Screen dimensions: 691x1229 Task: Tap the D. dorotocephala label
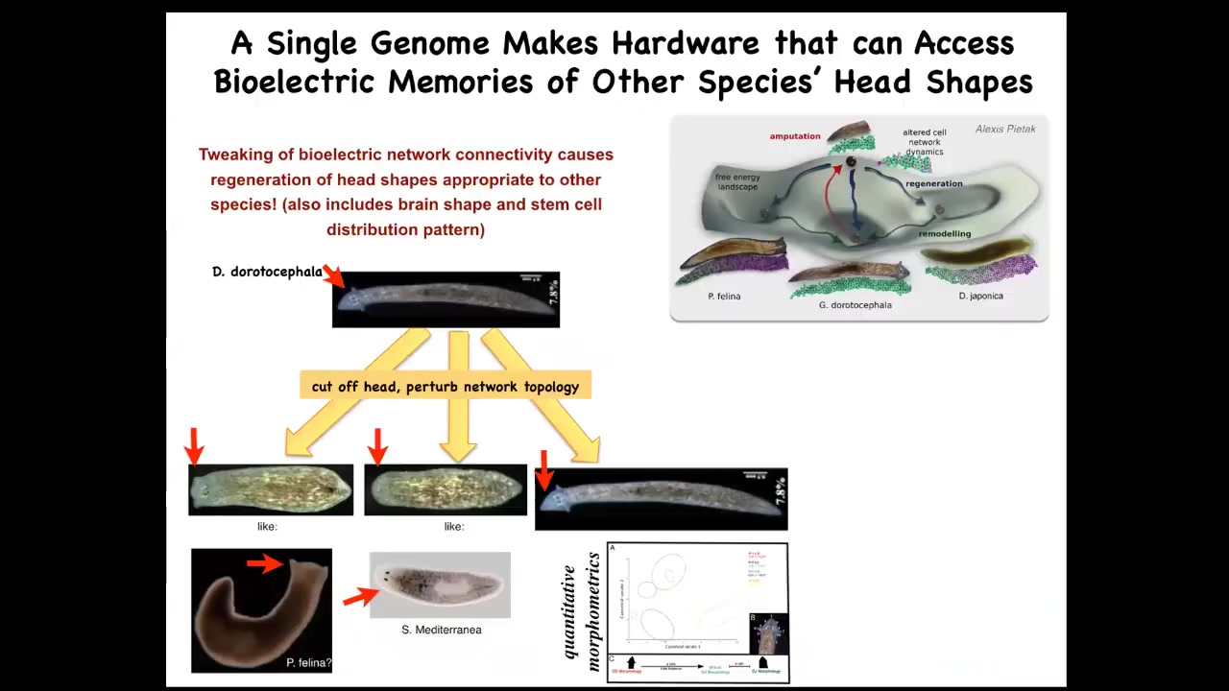point(267,272)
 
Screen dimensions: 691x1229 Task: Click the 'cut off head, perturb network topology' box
point(446,387)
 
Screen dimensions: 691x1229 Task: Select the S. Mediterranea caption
point(442,630)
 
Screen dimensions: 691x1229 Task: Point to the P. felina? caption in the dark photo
point(308,662)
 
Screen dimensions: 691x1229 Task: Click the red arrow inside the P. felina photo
point(264,564)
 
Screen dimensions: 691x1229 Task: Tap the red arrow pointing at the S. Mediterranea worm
point(360,597)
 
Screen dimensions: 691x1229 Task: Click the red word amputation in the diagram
point(795,136)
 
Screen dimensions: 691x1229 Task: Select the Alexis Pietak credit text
point(1005,129)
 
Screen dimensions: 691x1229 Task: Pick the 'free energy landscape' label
point(737,182)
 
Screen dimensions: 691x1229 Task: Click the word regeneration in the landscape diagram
point(933,183)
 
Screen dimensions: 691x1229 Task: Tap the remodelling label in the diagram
point(945,234)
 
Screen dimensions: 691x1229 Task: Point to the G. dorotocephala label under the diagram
point(855,305)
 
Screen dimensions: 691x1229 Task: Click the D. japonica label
point(980,296)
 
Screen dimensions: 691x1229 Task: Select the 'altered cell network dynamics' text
point(925,142)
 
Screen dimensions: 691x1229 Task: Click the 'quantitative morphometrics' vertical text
point(582,611)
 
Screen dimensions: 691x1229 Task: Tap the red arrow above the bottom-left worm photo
point(195,446)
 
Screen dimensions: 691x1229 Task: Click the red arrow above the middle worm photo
point(377,446)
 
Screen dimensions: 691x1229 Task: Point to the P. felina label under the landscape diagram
point(724,296)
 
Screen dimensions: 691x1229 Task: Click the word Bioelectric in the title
point(294,83)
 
